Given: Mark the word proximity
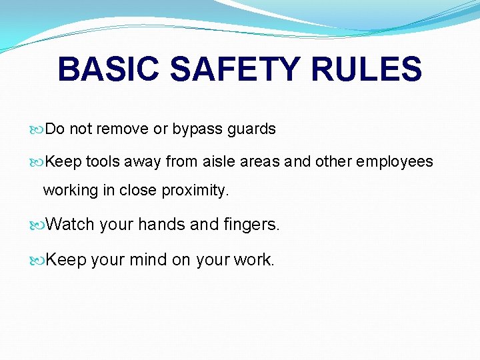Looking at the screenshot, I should click(197, 191).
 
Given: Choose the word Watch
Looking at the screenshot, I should click(71, 225).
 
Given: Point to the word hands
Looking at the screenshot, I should click(162, 225).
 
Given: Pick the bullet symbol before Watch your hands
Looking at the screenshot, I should click(38, 225).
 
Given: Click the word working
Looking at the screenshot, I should click(70, 191).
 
